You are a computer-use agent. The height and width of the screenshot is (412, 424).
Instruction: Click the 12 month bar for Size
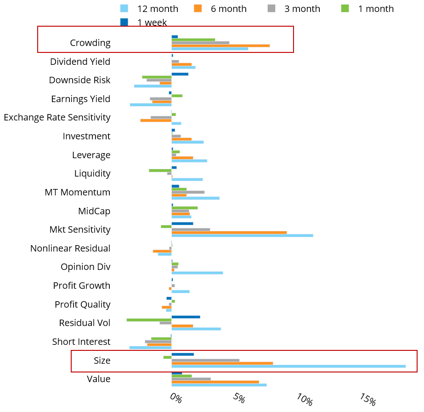click(x=288, y=366)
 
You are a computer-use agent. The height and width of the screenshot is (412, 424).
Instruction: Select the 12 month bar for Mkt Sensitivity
click(x=242, y=235)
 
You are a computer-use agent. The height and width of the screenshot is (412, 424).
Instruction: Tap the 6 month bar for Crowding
click(x=220, y=46)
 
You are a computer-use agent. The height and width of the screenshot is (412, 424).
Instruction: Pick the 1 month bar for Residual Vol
click(x=149, y=320)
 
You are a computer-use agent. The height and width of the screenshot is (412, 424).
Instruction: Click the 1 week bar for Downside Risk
click(x=180, y=74)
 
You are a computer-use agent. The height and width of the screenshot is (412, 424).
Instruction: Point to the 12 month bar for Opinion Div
click(x=197, y=273)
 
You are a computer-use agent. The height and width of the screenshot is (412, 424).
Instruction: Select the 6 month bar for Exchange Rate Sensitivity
click(x=156, y=120)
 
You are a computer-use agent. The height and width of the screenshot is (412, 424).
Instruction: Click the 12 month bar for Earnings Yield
click(x=151, y=105)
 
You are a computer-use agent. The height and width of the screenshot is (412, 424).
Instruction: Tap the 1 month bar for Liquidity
click(x=160, y=171)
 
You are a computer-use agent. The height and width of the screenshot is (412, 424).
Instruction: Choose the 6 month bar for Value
click(x=215, y=382)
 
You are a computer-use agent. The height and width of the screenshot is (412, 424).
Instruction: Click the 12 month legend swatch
click(x=124, y=8)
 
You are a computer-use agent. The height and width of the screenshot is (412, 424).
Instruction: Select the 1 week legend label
click(x=152, y=23)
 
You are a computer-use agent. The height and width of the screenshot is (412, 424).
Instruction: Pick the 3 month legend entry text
click(x=302, y=9)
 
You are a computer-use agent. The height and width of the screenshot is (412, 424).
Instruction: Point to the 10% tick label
click(x=305, y=399)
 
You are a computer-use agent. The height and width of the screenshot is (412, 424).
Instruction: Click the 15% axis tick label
click(x=368, y=399)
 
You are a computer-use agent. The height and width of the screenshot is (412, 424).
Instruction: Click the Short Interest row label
click(x=81, y=342)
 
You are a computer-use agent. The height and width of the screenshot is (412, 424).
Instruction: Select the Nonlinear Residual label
click(x=70, y=248)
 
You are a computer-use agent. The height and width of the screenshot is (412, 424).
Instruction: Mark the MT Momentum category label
click(x=78, y=192)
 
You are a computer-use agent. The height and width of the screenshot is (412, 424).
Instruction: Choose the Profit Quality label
click(x=83, y=304)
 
